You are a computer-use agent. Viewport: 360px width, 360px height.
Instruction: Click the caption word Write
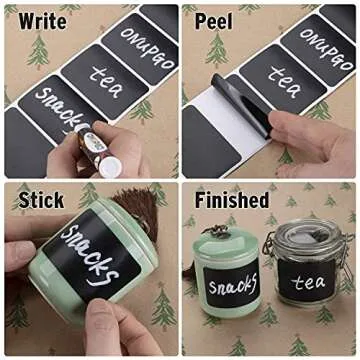pos(33,20)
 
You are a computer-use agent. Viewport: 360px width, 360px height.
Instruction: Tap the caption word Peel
pos(213,20)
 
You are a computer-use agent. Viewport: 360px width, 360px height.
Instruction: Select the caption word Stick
pos(41,200)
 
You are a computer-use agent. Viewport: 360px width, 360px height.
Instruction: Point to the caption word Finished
pos(231,200)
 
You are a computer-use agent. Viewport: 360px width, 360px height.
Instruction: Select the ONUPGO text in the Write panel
pos(144,39)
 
